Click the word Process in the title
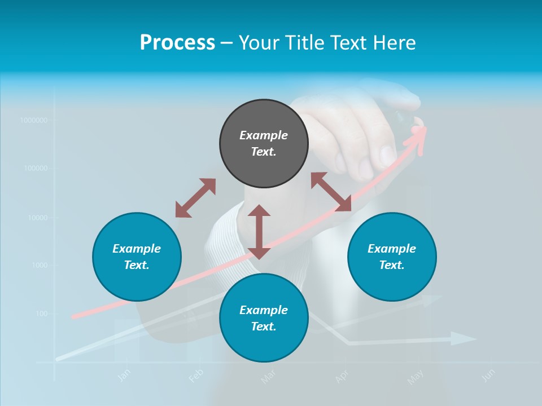[x=177, y=42]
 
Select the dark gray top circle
[x=264, y=143]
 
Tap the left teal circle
[x=137, y=257]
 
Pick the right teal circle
[x=392, y=257]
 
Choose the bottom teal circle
[x=264, y=318]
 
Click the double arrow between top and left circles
[x=195, y=198]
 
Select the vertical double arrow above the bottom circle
[x=259, y=232]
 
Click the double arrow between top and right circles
[x=331, y=192]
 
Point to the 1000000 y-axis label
[x=33, y=120]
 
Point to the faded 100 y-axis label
[x=42, y=314]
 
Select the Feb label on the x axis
[x=195, y=375]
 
